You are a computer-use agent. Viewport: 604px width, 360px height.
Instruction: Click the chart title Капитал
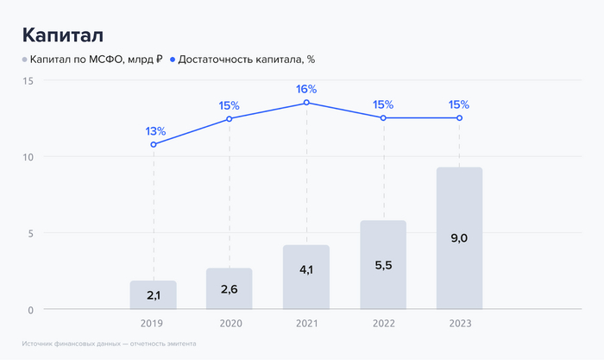click(63, 35)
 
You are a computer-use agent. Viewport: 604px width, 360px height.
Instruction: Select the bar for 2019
click(154, 294)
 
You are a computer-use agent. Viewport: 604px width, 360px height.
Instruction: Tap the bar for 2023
click(459, 238)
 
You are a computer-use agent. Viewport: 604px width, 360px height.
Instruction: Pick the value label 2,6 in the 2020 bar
click(230, 288)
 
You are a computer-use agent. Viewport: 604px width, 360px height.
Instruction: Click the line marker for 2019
click(154, 144)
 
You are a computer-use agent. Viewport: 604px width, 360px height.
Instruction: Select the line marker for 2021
click(306, 103)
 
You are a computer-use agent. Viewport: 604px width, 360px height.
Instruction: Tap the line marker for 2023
click(459, 117)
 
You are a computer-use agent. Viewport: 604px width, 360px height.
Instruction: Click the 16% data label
click(306, 89)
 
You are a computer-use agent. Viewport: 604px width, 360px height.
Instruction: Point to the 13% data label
click(155, 131)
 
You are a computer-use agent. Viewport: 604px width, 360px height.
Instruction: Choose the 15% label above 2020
click(230, 105)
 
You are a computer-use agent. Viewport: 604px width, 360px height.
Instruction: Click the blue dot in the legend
click(173, 60)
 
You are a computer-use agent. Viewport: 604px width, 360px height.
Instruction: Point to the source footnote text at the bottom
click(110, 343)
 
